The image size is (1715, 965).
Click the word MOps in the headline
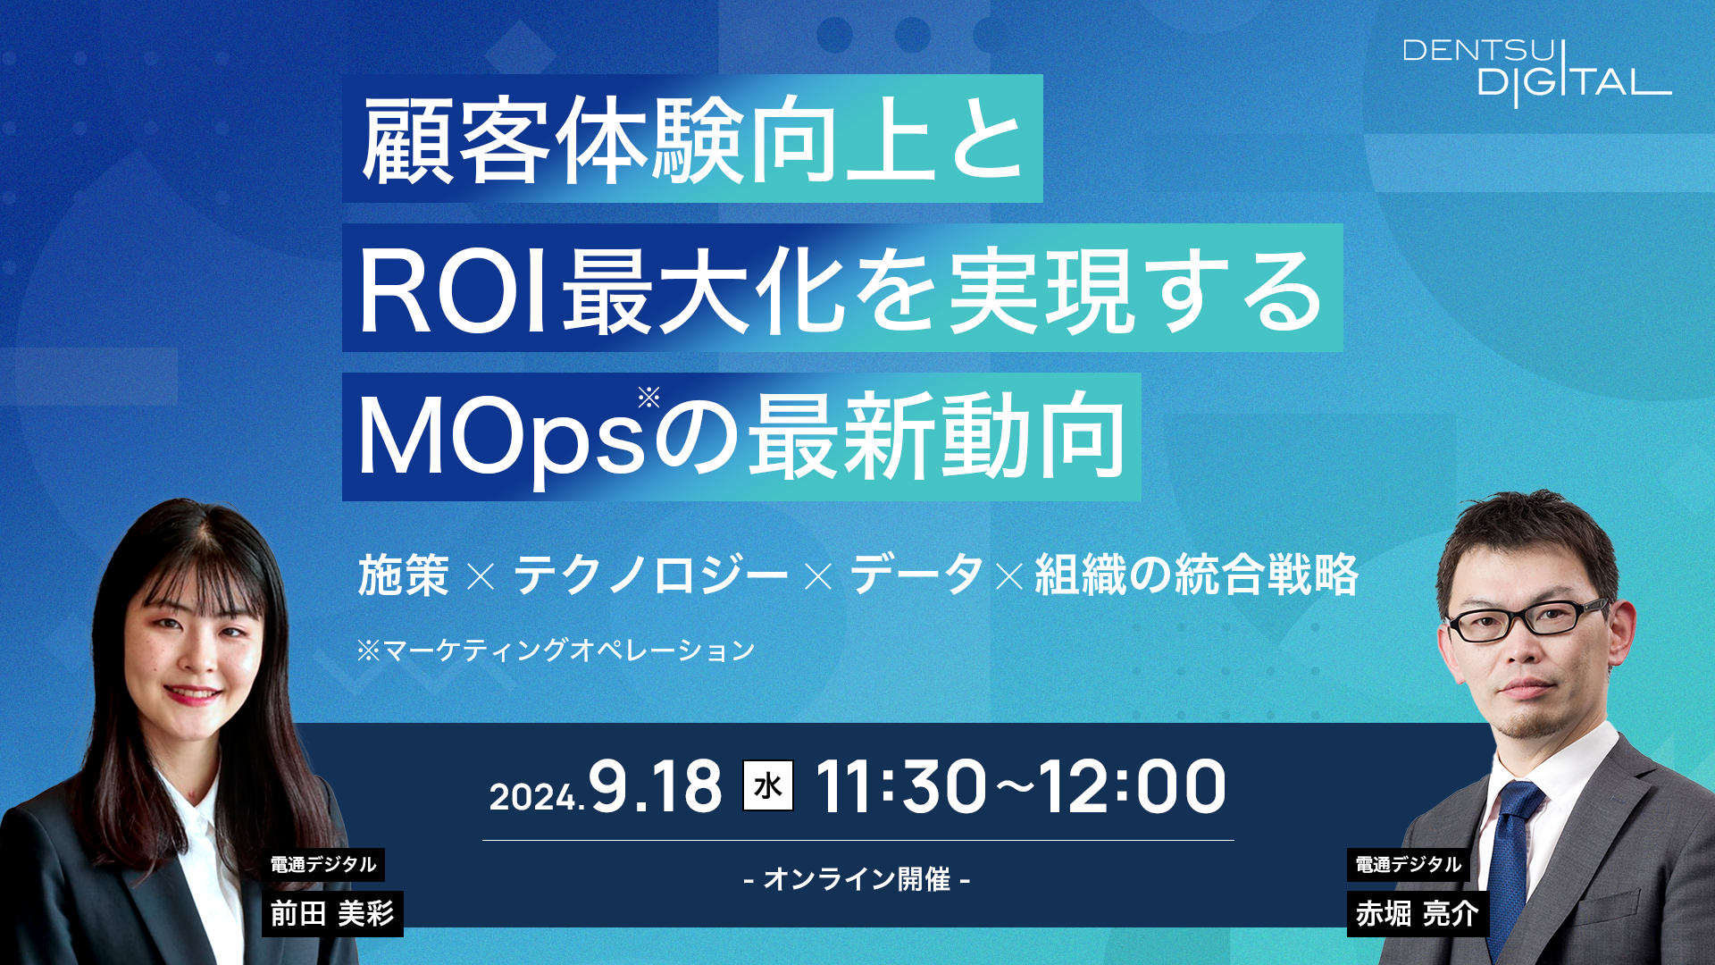point(501,440)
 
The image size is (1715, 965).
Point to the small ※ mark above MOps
point(649,396)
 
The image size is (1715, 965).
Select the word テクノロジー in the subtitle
point(650,575)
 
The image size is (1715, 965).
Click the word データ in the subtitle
point(916,574)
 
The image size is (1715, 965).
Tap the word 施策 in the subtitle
point(404,575)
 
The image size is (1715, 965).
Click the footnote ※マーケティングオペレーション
point(556,650)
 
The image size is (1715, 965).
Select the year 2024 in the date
point(533,796)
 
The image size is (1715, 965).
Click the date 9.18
point(656,787)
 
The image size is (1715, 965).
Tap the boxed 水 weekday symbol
point(768,785)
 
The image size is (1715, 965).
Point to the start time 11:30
point(900,787)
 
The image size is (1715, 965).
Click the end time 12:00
point(1133,787)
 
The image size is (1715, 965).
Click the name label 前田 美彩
point(332,913)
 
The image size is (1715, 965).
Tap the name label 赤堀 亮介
point(1418,913)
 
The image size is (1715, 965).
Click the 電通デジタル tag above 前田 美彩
point(323,864)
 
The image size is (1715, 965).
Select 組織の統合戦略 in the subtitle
point(1196,575)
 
